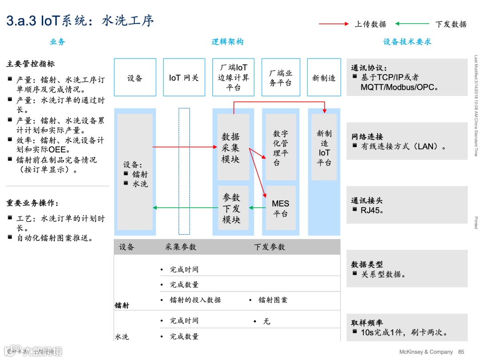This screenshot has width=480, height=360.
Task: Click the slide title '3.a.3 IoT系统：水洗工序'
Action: coord(80,21)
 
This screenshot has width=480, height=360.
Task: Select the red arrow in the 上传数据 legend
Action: coord(334,24)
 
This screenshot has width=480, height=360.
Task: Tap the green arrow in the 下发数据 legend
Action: coord(412,24)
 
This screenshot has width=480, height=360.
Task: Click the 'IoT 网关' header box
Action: coord(184,78)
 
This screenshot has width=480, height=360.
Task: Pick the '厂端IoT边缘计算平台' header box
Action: coord(233,77)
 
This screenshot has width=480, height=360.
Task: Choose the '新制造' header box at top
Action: coord(324,78)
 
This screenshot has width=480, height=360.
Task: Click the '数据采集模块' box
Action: coord(233,147)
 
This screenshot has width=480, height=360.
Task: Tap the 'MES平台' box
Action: coord(280,208)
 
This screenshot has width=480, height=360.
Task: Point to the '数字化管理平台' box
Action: coord(280,147)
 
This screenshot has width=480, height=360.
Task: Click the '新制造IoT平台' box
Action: coord(324,147)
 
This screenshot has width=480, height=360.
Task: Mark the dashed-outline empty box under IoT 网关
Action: coord(184,171)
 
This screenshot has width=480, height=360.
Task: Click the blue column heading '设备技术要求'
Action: coord(407,42)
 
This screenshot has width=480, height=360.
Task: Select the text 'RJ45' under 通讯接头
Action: coord(372,210)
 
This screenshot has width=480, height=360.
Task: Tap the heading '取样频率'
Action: coord(367,323)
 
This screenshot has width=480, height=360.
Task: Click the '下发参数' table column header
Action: coord(269,247)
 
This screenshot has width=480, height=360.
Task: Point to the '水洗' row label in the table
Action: coord(122,336)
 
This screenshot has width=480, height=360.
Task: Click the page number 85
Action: coord(461,352)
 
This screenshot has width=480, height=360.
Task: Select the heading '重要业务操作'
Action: coord(32,203)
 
